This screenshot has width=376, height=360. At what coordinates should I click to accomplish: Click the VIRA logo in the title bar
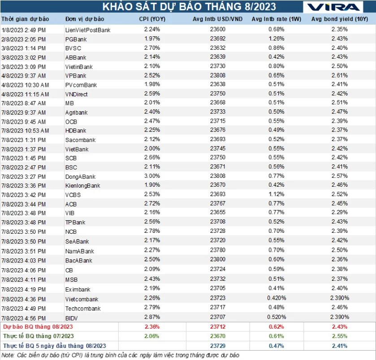click(333, 7)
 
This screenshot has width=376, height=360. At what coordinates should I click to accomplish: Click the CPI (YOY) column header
click(152, 19)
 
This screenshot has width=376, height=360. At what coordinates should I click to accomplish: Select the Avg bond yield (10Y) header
click(340, 19)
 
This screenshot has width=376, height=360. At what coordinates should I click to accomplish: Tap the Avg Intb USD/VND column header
click(217, 19)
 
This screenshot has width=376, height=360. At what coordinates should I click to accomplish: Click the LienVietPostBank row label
click(88, 30)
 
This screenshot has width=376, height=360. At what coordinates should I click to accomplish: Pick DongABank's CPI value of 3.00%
click(152, 176)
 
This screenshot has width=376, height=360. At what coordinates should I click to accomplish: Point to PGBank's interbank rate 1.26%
click(276, 39)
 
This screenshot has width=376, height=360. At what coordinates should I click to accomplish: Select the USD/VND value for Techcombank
click(218, 307)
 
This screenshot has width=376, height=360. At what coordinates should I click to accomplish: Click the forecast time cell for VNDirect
click(25, 94)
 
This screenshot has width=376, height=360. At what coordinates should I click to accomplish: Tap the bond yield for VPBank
click(340, 76)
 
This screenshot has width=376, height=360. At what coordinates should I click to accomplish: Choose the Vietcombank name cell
click(82, 299)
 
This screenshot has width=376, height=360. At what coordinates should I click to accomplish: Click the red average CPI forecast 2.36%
click(152, 327)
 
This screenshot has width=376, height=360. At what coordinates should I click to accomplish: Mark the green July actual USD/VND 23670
click(218, 336)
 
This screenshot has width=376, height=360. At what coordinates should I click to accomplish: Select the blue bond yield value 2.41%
click(340, 346)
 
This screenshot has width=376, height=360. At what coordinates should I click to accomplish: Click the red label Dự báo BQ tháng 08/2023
click(38, 327)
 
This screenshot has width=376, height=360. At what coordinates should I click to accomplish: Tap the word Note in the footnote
click(8, 355)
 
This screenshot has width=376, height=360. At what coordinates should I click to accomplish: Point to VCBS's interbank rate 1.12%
click(276, 194)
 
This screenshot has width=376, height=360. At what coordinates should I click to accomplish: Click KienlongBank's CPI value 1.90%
click(152, 185)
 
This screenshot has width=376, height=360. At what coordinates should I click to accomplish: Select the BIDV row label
click(71, 318)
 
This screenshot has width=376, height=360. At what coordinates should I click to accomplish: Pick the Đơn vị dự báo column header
click(85, 19)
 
